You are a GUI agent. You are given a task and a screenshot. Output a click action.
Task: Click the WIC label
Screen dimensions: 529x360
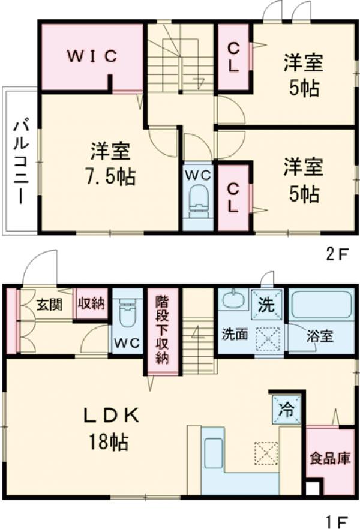tap(91, 56)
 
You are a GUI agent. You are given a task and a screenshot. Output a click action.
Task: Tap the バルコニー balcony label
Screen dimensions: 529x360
tap(20, 162)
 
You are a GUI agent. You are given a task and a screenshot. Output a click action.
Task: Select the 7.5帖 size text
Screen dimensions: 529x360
tap(113, 177)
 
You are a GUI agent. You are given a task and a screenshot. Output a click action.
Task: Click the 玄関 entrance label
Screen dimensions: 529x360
tap(49, 304)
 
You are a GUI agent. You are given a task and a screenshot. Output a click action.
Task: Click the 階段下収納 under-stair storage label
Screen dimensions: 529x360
tap(162, 330)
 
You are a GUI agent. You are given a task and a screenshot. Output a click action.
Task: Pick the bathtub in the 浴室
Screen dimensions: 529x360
tap(320, 305)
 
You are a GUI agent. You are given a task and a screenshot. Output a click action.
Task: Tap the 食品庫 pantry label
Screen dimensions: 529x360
tap(330, 459)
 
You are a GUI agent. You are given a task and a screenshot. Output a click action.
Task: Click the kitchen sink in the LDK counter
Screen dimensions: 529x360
tap(214, 452)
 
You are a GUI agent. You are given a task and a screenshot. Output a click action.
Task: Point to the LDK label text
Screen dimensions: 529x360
tap(112, 415)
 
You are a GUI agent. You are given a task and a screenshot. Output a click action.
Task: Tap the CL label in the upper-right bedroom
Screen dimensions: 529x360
tap(233, 58)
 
